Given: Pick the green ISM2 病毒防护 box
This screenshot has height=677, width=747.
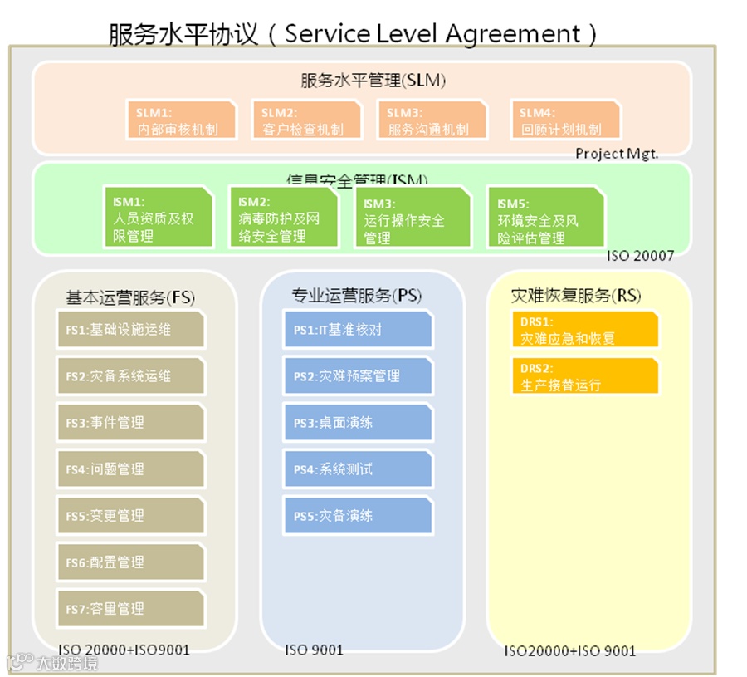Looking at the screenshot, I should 283,218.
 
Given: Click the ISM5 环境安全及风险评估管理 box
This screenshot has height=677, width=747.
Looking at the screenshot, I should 545,218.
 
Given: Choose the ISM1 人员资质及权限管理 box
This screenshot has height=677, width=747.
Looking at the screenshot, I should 156,218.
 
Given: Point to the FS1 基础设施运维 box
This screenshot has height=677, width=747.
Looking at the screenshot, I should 130,329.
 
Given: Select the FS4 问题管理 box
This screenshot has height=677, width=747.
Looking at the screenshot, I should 130,469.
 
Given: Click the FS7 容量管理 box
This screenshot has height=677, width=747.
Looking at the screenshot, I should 130,609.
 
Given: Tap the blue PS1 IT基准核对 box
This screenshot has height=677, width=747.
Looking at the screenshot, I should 358,329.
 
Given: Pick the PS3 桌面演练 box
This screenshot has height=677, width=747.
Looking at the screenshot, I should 358,423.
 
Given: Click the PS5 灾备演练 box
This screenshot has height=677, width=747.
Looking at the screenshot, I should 358,516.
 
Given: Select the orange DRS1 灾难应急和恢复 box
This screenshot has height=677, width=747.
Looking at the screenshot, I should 584,330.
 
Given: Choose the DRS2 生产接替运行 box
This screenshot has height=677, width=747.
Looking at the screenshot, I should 584,376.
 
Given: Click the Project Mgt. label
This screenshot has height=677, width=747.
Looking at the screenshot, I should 617,154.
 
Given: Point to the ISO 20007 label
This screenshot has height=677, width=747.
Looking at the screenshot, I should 640,256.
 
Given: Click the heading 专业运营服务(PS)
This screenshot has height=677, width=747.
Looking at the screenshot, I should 356,295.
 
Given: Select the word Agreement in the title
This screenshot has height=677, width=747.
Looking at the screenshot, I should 513,33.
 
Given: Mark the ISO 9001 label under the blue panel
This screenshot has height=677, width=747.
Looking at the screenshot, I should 314,650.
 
